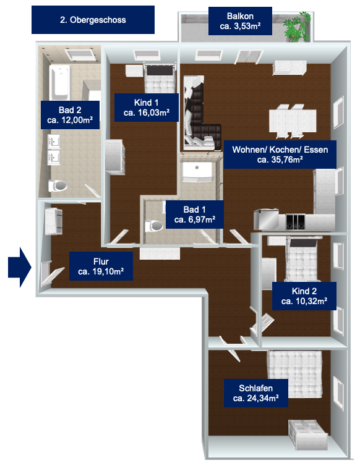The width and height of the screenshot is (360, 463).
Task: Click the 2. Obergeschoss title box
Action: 93,20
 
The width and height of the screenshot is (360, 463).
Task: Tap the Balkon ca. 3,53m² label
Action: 240,21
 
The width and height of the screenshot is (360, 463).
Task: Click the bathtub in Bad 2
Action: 60,83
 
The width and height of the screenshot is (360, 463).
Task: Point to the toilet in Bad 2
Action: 58,186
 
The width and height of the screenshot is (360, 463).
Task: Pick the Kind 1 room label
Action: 147,108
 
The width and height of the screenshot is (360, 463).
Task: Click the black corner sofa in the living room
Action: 201,118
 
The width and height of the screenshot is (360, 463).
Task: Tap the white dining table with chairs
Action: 293,121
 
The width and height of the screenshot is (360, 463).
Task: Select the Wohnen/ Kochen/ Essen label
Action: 280,155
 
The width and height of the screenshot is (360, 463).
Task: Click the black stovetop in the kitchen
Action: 295,222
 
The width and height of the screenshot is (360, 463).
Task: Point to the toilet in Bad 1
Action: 153,226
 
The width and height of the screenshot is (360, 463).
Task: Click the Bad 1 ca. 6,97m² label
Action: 194,215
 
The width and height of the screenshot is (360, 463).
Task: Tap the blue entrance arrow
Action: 20,267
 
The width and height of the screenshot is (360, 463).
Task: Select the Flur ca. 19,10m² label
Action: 101,266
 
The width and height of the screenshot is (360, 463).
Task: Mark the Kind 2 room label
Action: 304,296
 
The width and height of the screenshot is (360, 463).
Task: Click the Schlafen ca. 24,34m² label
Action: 255,393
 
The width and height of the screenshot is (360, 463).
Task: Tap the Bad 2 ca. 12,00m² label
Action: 70,115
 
